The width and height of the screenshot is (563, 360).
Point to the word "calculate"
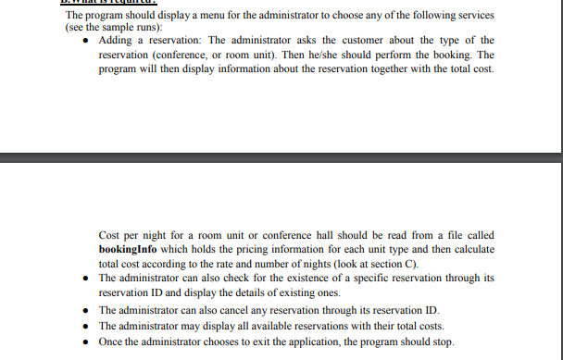[x=469, y=250]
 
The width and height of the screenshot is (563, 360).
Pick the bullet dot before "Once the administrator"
[x=86, y=340]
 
